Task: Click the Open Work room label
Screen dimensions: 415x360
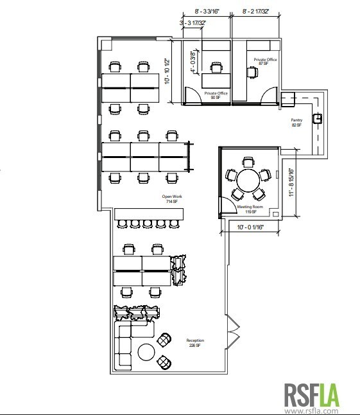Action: (x=170, y=199)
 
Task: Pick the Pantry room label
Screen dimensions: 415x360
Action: (x=296, y=122)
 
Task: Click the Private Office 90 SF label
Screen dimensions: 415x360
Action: (x=216, y=95)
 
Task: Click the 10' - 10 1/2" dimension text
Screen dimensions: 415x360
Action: (x=167, y=71)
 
